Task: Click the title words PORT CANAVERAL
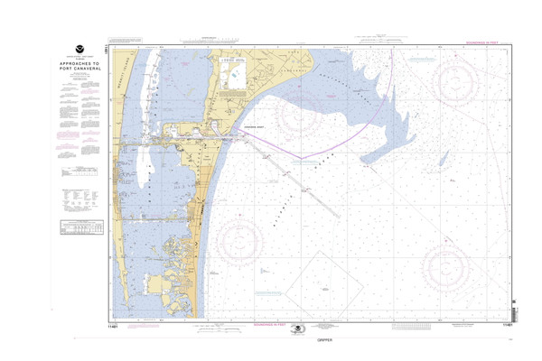coord(76,68)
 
